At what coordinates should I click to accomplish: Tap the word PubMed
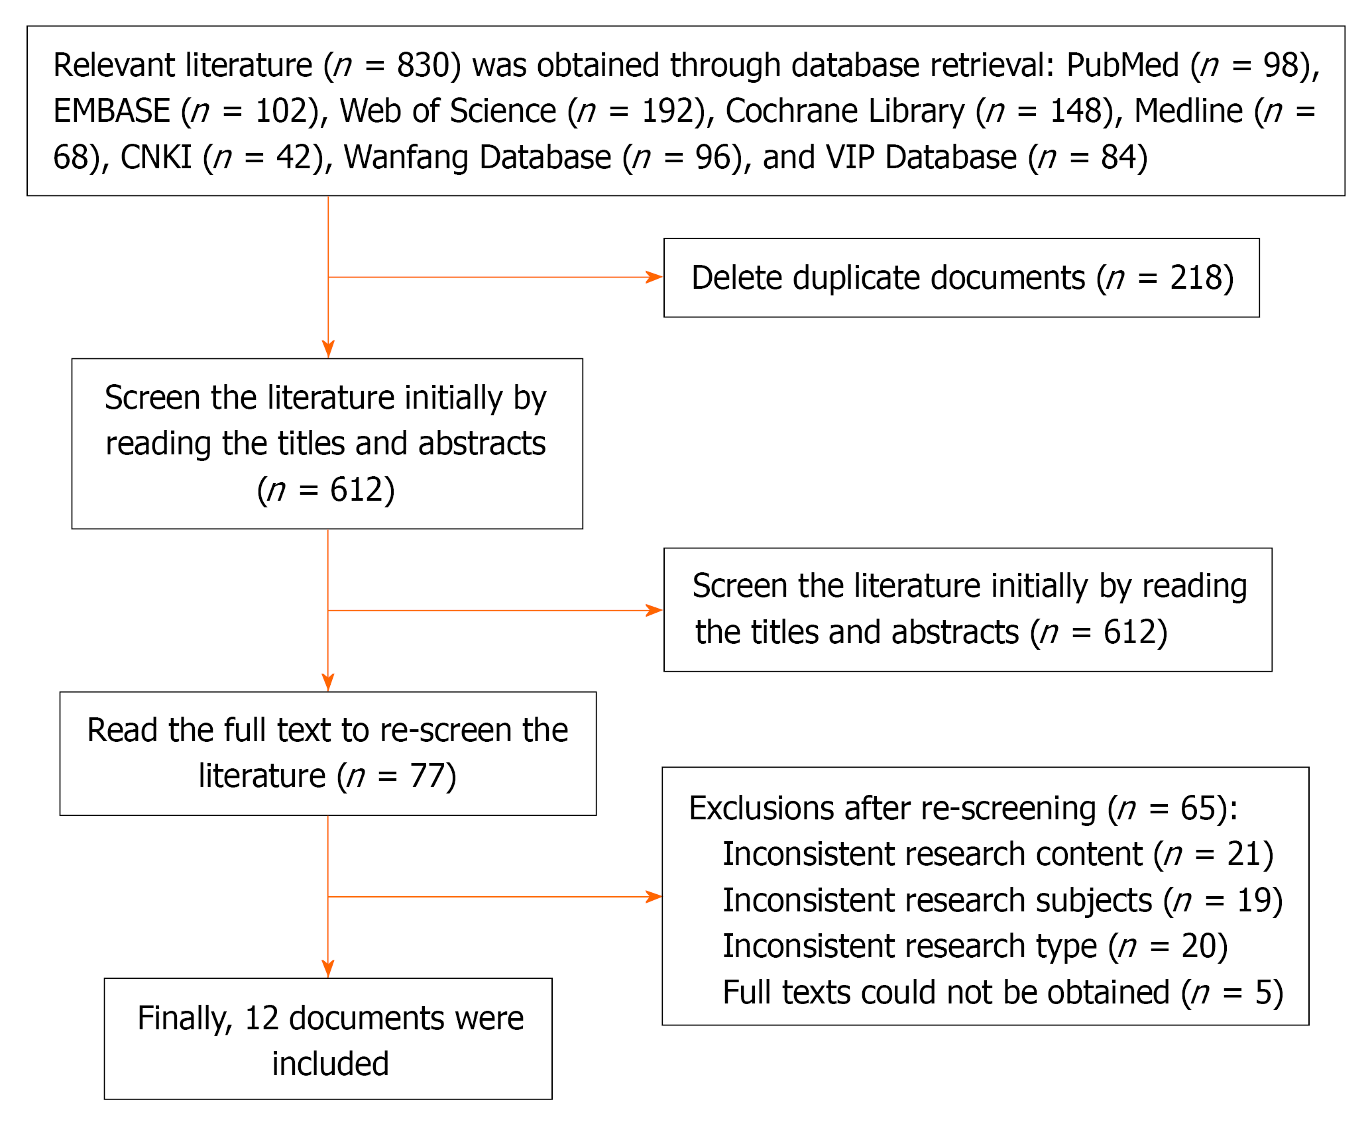(1123, 66)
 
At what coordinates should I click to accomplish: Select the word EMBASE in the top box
(112, 111)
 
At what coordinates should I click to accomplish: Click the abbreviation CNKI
(156, 158)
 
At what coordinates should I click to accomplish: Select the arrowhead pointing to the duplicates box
(654, 278)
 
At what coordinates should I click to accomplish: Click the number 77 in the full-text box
(426, 776)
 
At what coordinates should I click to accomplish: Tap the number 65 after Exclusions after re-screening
(1198, 809)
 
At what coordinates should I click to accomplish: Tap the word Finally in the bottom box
(185, 1019)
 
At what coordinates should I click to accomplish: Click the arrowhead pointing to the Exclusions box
(654, 897)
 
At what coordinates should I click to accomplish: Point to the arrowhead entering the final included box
(328, 969)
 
